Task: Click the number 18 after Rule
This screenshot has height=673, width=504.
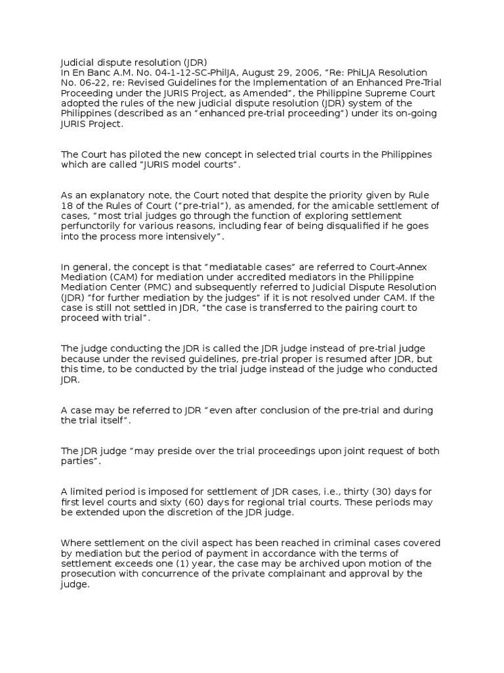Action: tap(67, 205)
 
